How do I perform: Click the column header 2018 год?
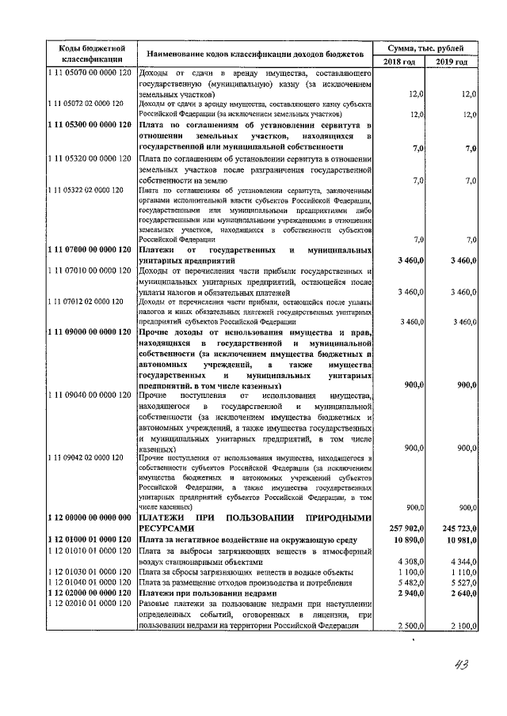[x=399, y=62]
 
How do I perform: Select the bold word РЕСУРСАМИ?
[x=166, y=528]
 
